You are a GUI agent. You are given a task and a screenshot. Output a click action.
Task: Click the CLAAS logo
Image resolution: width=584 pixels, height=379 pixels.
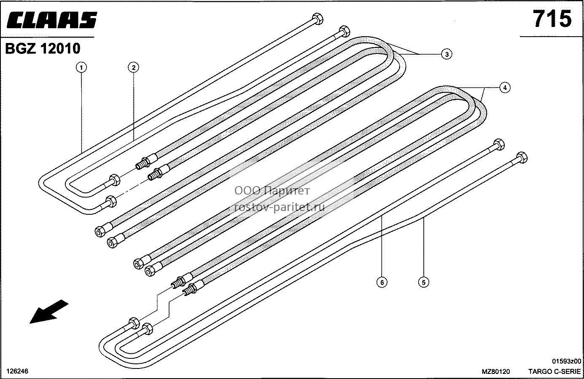click(x=51, y=20)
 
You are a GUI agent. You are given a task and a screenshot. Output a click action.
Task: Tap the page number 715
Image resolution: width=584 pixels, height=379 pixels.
click(x=552, y=19)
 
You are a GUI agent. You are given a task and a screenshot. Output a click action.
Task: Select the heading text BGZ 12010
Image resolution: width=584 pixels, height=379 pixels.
click(x=43, y=48)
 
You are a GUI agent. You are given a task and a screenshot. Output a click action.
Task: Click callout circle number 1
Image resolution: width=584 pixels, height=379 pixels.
click(x=81, y=68)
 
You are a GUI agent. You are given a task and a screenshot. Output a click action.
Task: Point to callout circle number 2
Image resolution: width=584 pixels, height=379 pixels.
click(x=134, y=68)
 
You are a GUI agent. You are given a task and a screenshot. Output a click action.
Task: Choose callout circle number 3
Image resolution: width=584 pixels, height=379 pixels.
click(x=447, y=54)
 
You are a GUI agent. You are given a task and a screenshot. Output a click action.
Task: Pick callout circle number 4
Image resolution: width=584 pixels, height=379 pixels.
click(x=505, y=88)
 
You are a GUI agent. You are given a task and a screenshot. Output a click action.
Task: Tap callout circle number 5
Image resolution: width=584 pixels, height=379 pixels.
click(x=423, y=282)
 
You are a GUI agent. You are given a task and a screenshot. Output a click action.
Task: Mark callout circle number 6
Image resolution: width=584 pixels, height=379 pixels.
click(x=382, y=282)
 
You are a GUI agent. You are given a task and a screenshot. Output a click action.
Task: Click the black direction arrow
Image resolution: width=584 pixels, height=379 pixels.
click(x=49, y=311)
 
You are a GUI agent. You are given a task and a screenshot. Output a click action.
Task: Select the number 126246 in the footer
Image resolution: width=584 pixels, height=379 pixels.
click(x=17, y=371)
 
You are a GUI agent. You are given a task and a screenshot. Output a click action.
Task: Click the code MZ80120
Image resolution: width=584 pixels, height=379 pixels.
click(x=496, y=371)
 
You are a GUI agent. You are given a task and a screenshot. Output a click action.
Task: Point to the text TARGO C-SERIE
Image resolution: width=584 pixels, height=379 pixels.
click(x=554, y=371)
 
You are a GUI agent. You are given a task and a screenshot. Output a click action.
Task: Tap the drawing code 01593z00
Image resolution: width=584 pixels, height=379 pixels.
click(x=565, y=361)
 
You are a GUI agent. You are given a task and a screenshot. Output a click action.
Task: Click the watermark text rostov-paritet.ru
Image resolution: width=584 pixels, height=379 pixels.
click(x=280, y=207)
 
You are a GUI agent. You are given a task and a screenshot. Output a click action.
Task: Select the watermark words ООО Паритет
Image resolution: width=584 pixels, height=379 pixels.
click(x=272, y=191)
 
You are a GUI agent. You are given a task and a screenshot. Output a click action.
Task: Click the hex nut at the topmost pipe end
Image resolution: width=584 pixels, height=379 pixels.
click(x=317, y=19)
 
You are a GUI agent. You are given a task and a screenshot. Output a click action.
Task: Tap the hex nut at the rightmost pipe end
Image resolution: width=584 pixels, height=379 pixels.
click(x=522, y=158)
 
